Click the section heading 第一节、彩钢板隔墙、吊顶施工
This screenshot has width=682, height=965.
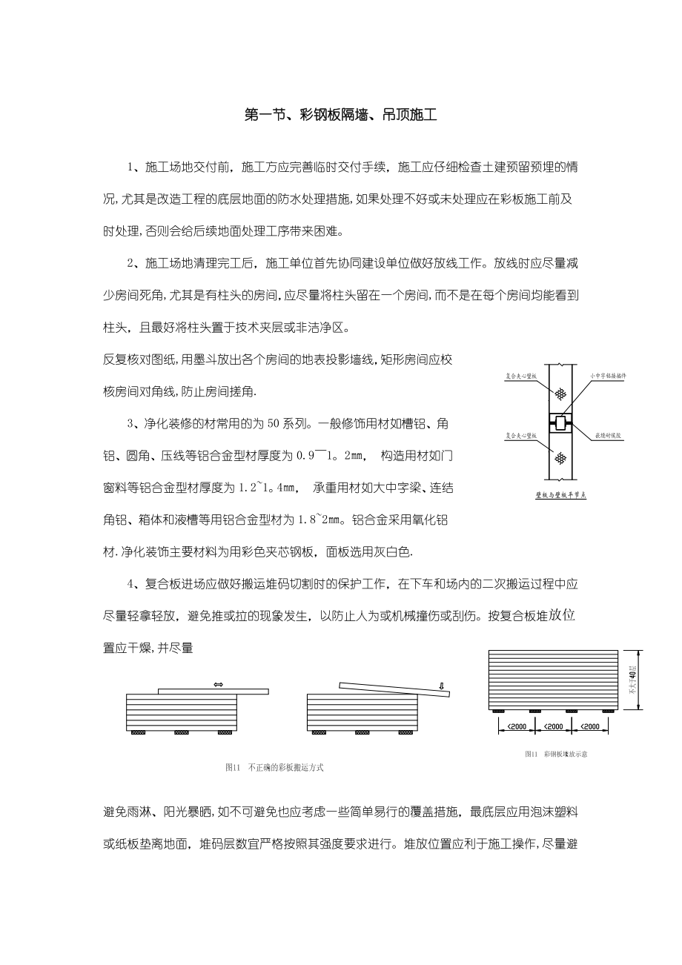(341, 115)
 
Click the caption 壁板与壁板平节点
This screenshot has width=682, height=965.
(560, 494)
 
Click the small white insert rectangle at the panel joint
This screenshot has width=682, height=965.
(561, 423)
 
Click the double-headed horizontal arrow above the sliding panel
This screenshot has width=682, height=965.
(218, 684)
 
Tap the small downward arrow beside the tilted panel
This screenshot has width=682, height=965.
(442, 686)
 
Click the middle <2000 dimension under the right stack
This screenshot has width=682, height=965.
(554, 726)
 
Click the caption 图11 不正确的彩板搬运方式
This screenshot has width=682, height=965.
(274, 768)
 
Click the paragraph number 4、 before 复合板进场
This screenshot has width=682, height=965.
(133, 584)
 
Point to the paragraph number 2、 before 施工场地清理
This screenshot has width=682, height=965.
(133, 263)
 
